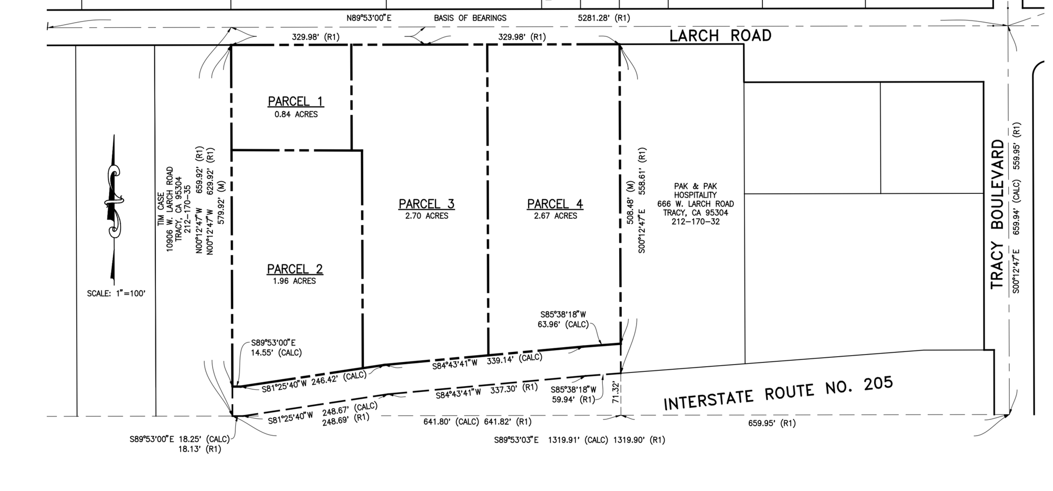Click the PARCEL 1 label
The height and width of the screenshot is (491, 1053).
pyautogui.click(x=295, y=101)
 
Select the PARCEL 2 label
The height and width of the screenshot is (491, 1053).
pyautogui.click(x=295, y=269)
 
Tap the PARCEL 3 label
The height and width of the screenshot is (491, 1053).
pyautogui.click(x=426, y=204)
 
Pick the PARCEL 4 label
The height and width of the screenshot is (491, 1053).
pyautogui.click(x=555, y=204)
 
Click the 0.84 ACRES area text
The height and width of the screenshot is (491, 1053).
pyautogui.click(x=296, y=114)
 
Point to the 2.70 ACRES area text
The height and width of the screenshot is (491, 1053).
pyautogui.click(x=427, y=216)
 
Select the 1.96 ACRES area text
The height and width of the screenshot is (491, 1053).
pyautogui.click(x=294, y=281)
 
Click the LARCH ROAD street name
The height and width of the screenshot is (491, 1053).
pyautogui.click(x=720, y=36)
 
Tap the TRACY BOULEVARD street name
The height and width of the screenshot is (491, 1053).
pyautogui.click(x=998, y=214)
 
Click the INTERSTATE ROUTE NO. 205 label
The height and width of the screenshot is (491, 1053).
pyautogui.click(x=778, y=393)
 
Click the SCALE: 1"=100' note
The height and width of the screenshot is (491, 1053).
pyautogui.click(x=116, y=293)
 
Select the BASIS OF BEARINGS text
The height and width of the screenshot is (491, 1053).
pyautogui.click(x=470, y=18)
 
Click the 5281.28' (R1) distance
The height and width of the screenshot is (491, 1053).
pyautogui.click(x=604, y=18)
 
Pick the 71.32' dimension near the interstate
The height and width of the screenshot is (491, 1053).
pyautogui.click(x=615, y=393)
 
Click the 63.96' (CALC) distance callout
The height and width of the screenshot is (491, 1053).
pyautogui.click(x=564, y=325)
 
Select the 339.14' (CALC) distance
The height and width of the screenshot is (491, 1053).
pyautogui.click(x=514, y=360)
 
